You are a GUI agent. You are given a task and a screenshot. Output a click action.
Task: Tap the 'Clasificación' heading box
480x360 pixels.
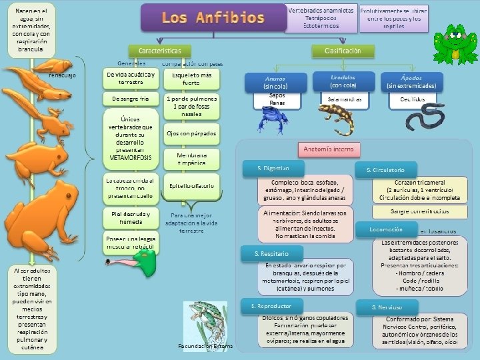click(x=343, y=51)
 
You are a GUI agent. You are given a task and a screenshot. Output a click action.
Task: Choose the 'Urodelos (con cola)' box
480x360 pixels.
click(x=343, y=81)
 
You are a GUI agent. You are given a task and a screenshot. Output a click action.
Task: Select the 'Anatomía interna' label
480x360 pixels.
click(x=330, y=149)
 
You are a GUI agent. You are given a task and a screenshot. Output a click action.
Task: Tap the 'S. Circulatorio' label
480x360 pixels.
click(x=386, y=170)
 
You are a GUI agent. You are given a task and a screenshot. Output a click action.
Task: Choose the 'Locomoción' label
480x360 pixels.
click(x=386, y=229)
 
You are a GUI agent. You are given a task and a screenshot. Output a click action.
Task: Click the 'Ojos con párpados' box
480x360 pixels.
click(x=191, y=133)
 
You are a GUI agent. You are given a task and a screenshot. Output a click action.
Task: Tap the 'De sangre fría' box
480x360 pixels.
click(x=131, y=99)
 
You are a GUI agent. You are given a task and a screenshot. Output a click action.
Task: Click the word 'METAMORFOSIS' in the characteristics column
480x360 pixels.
click(x=131, y=157)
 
